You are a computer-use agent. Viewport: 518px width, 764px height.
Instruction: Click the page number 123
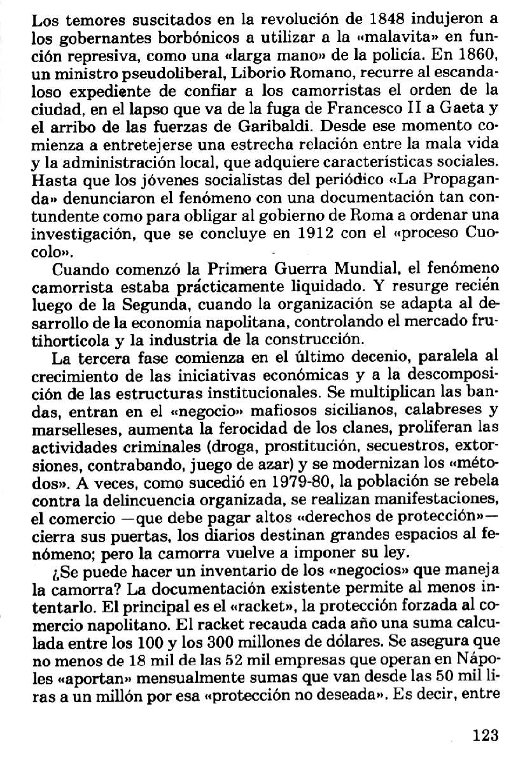pyautogui.click(x=486, y=735)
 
